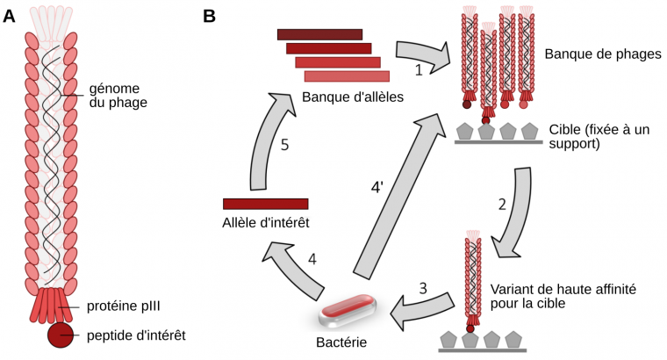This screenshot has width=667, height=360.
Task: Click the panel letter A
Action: pos(10,15)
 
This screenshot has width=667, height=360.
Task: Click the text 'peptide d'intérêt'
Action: pos(137,335)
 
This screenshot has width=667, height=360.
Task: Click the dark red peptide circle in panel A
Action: pos(61,335)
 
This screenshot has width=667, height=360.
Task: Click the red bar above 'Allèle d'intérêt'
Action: pos(266,204)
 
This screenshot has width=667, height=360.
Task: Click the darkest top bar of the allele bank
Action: pos(319,34)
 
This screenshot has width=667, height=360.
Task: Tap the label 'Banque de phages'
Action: pos(602,54)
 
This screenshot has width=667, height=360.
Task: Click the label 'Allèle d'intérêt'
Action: pos(266,225)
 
